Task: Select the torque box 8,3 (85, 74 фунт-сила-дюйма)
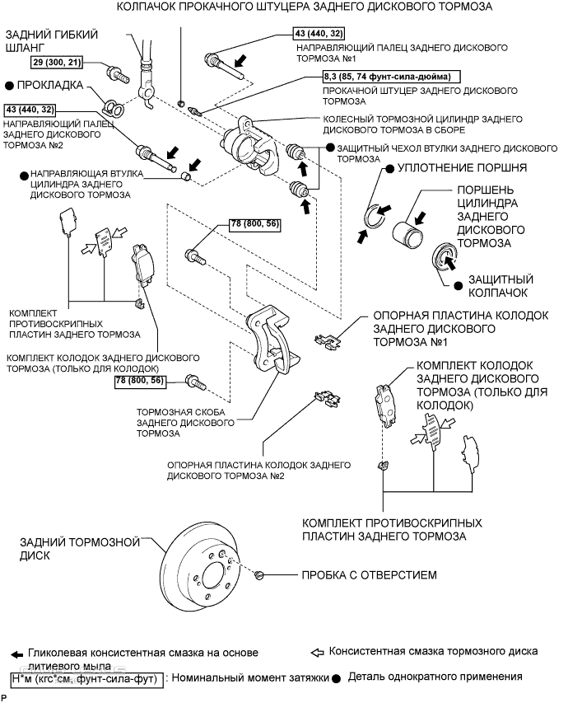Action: (392, 77)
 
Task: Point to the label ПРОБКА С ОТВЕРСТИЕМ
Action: (368, 574)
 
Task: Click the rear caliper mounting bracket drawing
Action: (272, 339)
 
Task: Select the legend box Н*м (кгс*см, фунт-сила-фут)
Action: (86, 679)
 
